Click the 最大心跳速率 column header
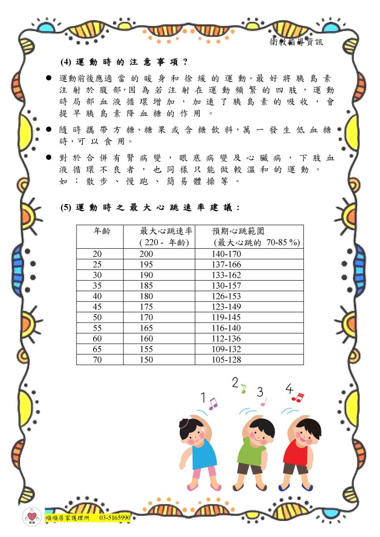pyautogui.click(x=166, y=231)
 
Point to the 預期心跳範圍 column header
pyautogui.click(x=238, y=231)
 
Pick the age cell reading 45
pyautogui.click(x=97, y=307)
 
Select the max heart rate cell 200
pyautogui.click(x=146, y=254)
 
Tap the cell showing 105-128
pyautogui.click(x=226, y=360)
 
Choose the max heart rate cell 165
pyautogui.click(x=146, y=328)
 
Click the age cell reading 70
pyautogui.click(x=97, y=360)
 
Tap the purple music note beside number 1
pyautogui.click(x=213, y=404)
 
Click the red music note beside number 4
pyautogui.click(x=297, y=397)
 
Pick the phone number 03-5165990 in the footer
pyautogui.click(x=115, y=518)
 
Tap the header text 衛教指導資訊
pyautogui.click(x=296, y=43)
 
